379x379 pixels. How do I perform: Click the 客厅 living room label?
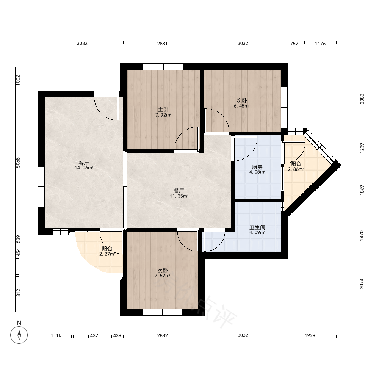tap(83, 163)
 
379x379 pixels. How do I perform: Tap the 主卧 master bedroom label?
tap(163, 110)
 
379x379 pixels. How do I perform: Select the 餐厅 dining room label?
tap(179, 191)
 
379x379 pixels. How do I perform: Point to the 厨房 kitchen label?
tap(257, 167)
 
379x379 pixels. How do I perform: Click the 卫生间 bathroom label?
tap(257, 227)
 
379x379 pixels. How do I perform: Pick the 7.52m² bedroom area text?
tap(163, 276)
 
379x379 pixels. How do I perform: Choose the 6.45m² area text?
tap(242, 106)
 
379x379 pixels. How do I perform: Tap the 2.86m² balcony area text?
tap(296, 169)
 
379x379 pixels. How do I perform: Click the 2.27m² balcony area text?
tap(107, 254)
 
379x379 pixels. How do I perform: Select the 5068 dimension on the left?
tap(18, 163)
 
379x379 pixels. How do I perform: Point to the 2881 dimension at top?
tap(163, 44)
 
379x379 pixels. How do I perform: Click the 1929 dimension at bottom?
tap(310, 335)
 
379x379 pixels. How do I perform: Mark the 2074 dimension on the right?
tap(362, 284)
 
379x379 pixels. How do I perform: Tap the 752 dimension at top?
tap(294, 44)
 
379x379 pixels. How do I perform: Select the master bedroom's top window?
tap(163, 67)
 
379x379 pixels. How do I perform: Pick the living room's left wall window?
tap(41, 186)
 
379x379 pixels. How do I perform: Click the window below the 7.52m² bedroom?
tap(163, 312)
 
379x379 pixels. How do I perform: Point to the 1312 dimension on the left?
tap(18, 294)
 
